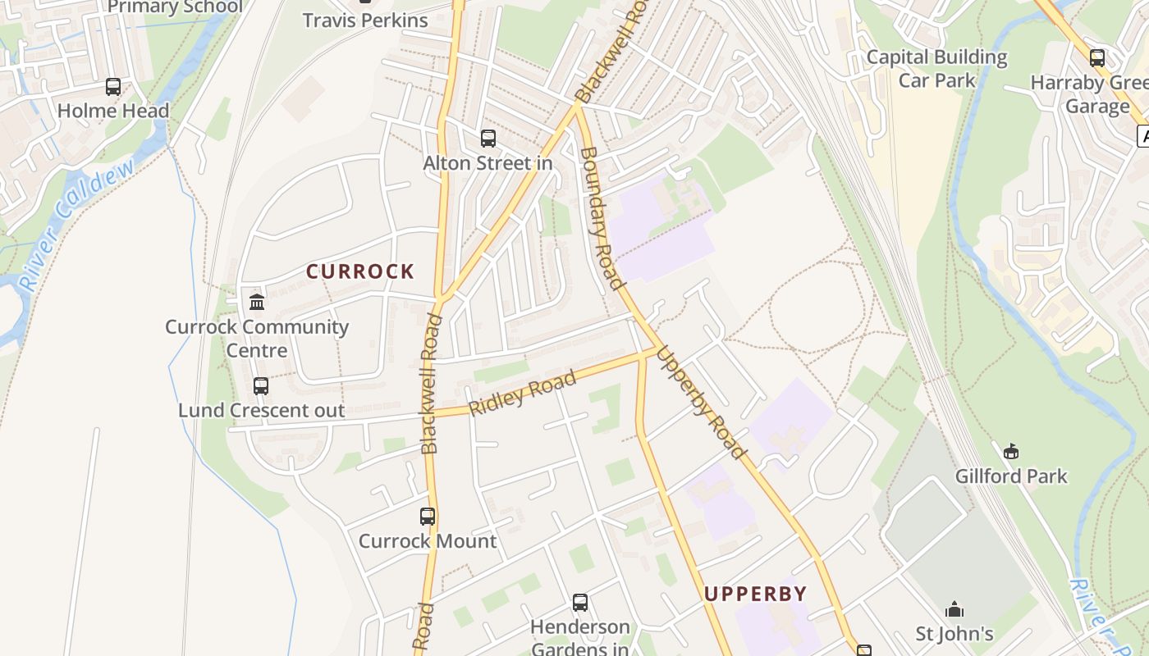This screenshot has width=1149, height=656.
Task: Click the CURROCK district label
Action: pyautogui.click(x=360, y=271)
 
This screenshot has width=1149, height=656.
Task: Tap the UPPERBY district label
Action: pyautogui.click(x=755, y=594)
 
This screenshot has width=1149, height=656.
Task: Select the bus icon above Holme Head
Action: pyautogui.click(x=113, y=87)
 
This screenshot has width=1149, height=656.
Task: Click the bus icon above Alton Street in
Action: pyautogui.click(x=488, y=139)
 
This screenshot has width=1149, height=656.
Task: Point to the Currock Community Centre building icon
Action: pyautogui.click(x=257, y=303)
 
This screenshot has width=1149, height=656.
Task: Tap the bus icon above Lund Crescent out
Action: pyautogui.click(x=261, y=385)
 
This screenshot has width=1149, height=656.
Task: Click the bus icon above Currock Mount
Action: pyautogui.click(x=428, y=517)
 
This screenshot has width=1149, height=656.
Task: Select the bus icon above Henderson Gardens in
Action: pyautogui.click(x=580, y=603)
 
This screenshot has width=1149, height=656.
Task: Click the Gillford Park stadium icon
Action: pyautogui.click(x=1011, y=451)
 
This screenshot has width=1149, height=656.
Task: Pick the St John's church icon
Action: pyautogui.click(x=954, y=609)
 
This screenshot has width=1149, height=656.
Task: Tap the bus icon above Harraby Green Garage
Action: pyautogui.click(x=1097, y=58)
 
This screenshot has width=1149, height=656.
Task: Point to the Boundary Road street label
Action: pyautogui.click(x=600, y=218)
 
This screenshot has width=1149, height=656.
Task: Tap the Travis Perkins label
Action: pyautogui.click(x=365, y=20)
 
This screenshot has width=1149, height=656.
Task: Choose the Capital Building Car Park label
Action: pyautogui.click(x=936, y=69)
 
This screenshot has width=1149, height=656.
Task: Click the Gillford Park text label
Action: pyautogui.click(x=1011, y=476)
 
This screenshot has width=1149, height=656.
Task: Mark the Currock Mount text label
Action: pyautogui.click(x=428, y=541)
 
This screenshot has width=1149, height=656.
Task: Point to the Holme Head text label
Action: pyautogui.click(x=113, y=111)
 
